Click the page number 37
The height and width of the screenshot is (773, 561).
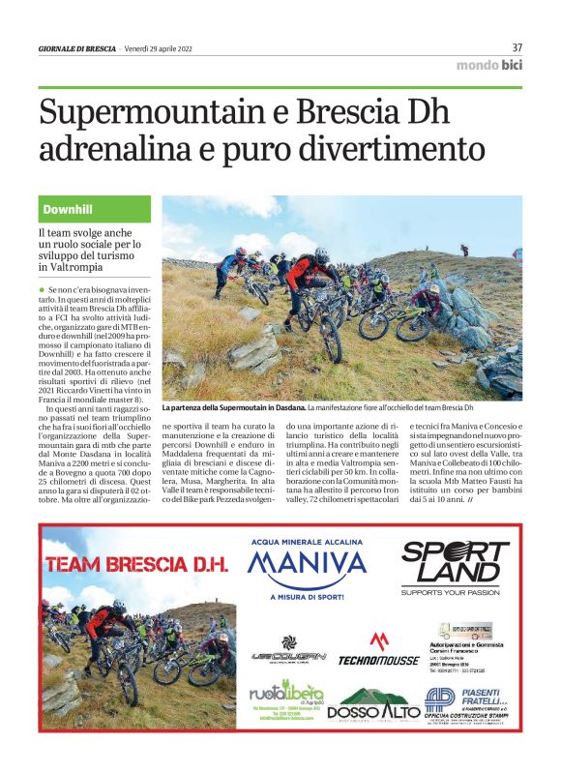click(x=517, y=47)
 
